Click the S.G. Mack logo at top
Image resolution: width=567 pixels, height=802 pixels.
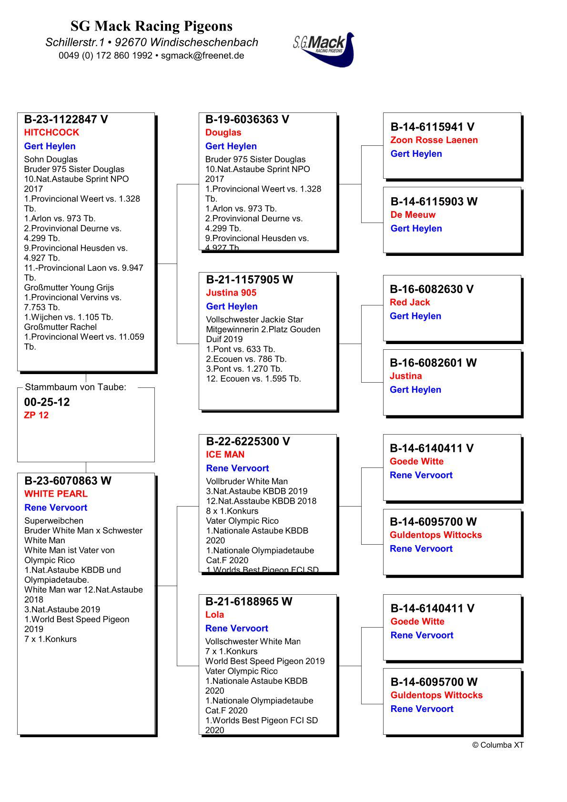point(324,49)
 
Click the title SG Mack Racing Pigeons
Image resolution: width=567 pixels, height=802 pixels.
point(152,26)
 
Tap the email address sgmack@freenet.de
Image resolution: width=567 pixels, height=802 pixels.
point(202,55)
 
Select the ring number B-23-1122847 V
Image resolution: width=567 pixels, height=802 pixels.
point(66,119)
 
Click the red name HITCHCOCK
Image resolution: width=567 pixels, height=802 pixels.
point(51,132)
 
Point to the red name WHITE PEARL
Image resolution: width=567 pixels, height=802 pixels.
point(56,494)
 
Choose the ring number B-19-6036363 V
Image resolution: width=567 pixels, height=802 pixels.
point(247,119)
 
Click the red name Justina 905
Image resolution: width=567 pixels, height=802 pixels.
point(231,293)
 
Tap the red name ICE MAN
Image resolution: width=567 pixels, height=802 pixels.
point(225,455)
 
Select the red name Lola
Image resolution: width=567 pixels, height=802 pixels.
point(214,615)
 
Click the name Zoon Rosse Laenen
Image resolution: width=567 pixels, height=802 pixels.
point(434,140)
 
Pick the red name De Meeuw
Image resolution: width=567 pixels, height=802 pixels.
point(413,214)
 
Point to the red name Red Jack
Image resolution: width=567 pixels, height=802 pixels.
point(410,302)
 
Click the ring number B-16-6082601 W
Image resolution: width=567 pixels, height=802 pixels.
point(433,363)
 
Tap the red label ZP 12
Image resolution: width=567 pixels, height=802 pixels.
point(36,415)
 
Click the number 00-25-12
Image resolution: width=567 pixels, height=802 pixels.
point(47,402)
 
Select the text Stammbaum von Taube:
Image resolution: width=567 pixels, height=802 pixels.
point(76,387)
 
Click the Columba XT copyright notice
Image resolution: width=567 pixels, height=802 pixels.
point(497,745)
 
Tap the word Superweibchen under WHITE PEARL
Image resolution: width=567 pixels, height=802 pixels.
point(54,521)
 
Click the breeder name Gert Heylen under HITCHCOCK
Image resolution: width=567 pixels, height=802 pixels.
point(50,146)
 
